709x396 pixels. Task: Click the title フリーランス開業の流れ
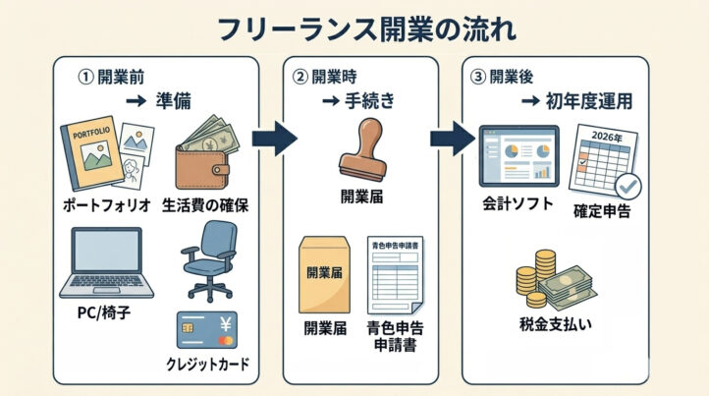click(x=354, y=27)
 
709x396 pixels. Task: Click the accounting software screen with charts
click(x=519, y=156)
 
